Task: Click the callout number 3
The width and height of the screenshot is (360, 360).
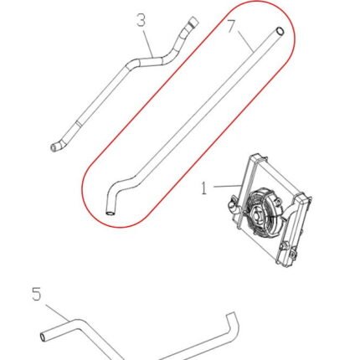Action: tap(141, 21)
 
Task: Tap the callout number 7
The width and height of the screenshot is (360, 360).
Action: tap(231, 26)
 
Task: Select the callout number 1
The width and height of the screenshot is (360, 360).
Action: tap(204, 188)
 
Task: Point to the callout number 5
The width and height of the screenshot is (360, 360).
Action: tap(37, 295)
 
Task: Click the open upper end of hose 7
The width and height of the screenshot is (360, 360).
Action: tap(280, 30)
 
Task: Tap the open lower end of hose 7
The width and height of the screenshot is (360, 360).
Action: tap(111, 213)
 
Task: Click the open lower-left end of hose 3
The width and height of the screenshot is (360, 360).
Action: tap(54, 147)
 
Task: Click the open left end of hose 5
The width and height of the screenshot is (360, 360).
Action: tap(43, 337)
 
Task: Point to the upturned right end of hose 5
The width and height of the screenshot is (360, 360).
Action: tap(233, 321)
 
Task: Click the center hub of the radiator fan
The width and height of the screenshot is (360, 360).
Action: tap(257, 214)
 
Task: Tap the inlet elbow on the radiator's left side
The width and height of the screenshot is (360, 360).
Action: tap(232, 207)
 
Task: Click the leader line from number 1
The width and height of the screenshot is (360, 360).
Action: tap(228, 186)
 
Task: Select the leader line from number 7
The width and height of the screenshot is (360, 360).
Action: tap(246, 40)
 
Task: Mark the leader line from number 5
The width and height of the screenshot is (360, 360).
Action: tap(57, 312)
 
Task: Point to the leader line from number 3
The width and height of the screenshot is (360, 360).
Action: tap(148, 44)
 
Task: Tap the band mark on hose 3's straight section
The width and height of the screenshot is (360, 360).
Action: tap(79, 122)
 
